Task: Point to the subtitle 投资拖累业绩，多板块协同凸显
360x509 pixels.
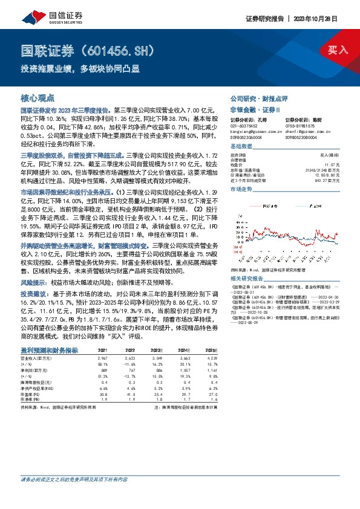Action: click(78, 68)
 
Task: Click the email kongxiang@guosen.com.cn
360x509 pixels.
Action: click(257, 130)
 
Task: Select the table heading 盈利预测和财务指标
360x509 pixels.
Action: click(50, 350)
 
